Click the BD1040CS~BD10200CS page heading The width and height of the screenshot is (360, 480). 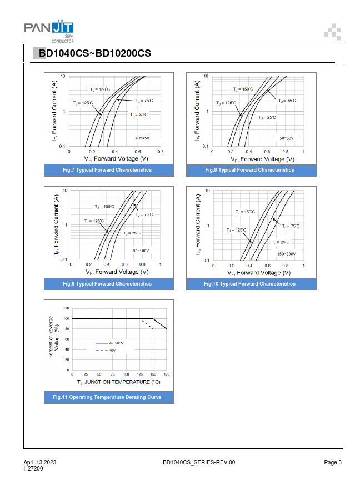click(95, 53)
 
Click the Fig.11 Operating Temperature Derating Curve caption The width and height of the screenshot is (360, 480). click(107, 397)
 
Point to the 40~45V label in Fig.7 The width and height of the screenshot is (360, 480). click(142, 137)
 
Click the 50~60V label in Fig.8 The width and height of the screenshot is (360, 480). click(286, 138)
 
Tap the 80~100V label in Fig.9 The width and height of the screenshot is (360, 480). click(141, 251)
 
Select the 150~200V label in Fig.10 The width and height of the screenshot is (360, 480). click(287, 253)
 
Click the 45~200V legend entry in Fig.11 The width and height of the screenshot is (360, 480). click(116, 344)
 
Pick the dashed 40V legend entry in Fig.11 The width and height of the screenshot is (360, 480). click(112, 351)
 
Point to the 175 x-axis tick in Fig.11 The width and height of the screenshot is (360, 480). click(167, 374)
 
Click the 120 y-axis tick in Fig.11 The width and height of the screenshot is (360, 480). click(66, 308)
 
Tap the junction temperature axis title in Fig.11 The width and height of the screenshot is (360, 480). click(118, 382)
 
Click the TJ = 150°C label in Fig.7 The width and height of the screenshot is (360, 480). click(101, 89)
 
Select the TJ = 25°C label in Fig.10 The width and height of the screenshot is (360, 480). click(281, 242)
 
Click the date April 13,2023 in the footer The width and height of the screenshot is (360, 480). click(39, 463)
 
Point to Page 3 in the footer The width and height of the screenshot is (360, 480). click(333, 463)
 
